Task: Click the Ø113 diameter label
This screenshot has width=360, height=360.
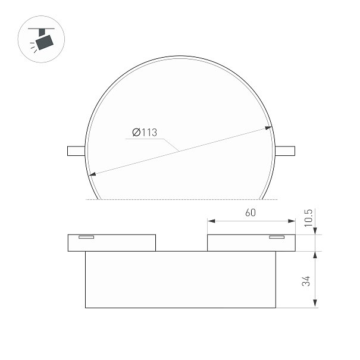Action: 145,133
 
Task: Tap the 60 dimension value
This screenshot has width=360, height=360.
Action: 251,212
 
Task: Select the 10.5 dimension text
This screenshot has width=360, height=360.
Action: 308,218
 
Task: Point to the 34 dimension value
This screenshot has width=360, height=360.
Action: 306,281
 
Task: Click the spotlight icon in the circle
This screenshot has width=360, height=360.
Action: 42,39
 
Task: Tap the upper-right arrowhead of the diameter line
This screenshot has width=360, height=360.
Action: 268,128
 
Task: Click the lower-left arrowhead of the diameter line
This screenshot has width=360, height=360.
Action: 92,174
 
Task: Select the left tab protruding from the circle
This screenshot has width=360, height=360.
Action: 76,151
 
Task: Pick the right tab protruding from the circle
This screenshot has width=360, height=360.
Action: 285,151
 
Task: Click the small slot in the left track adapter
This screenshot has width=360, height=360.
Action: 86,237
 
